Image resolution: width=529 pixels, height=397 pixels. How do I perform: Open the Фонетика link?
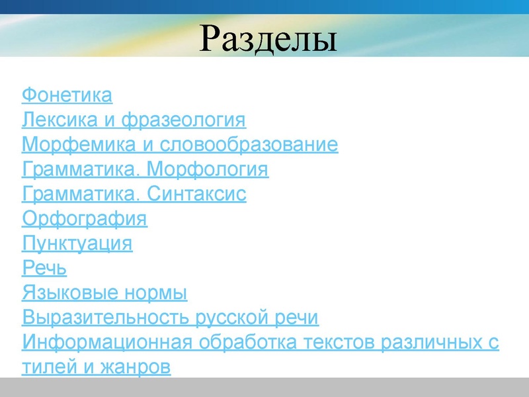pyautogui.click(x=67, y=95)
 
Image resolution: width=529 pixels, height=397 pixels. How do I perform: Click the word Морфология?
pyautogui.click(x=207, y=170)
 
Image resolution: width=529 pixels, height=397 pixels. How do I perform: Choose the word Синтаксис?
pyautogui.click(x=196, y=195)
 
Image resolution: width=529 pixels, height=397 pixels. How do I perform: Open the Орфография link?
pyautogui.click(x=85, y=219)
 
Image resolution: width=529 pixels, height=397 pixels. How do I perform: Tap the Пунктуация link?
pyautogui.click(x=77, y=243)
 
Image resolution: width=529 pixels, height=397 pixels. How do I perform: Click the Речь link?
pyautogui.click(x=44, y=269)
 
